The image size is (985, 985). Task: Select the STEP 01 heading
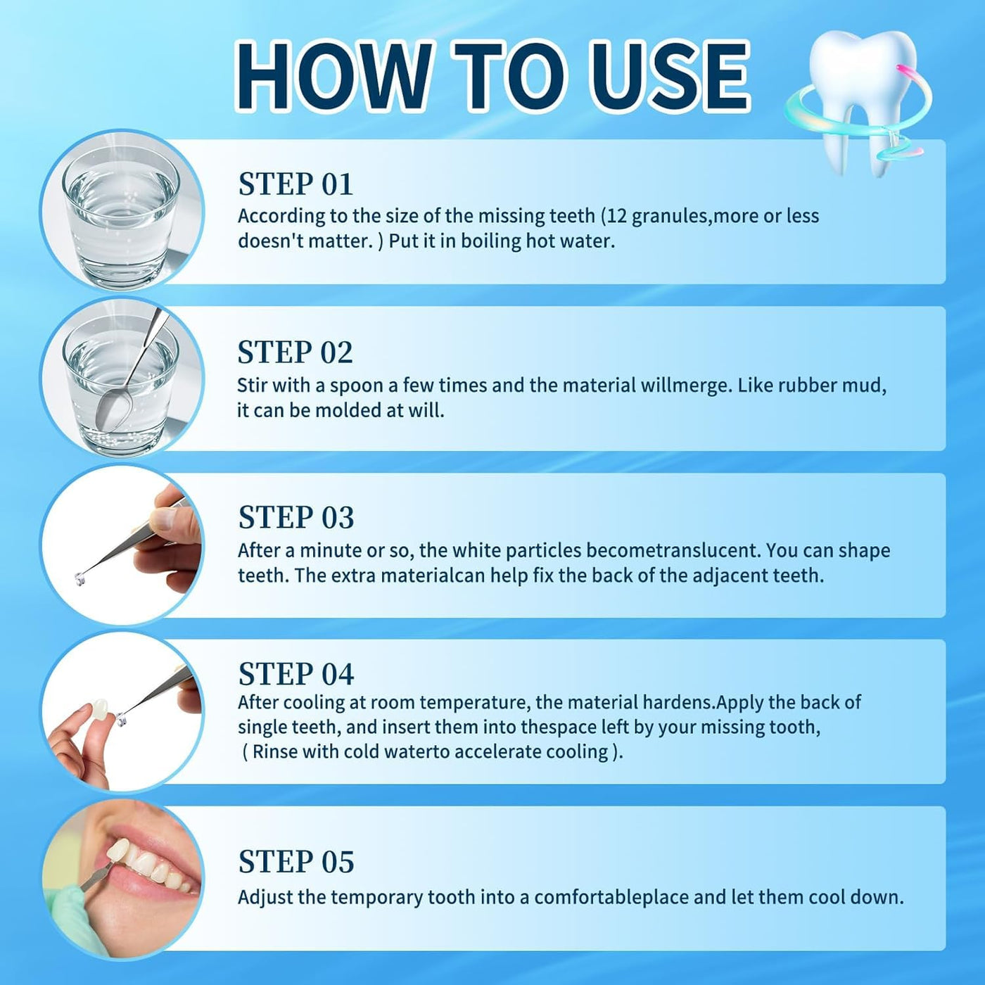point(295,184)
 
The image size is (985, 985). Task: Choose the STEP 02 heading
point(295,352)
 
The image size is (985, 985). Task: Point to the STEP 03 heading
point(296,517)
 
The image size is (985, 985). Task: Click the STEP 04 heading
point(296,673)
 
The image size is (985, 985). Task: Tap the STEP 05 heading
point(296,861)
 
